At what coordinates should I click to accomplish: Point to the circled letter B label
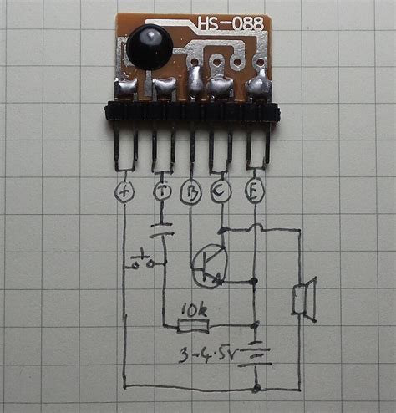point(191,193)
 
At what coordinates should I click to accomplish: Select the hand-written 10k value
point(194,310)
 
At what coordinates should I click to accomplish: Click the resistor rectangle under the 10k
point(195,324)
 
